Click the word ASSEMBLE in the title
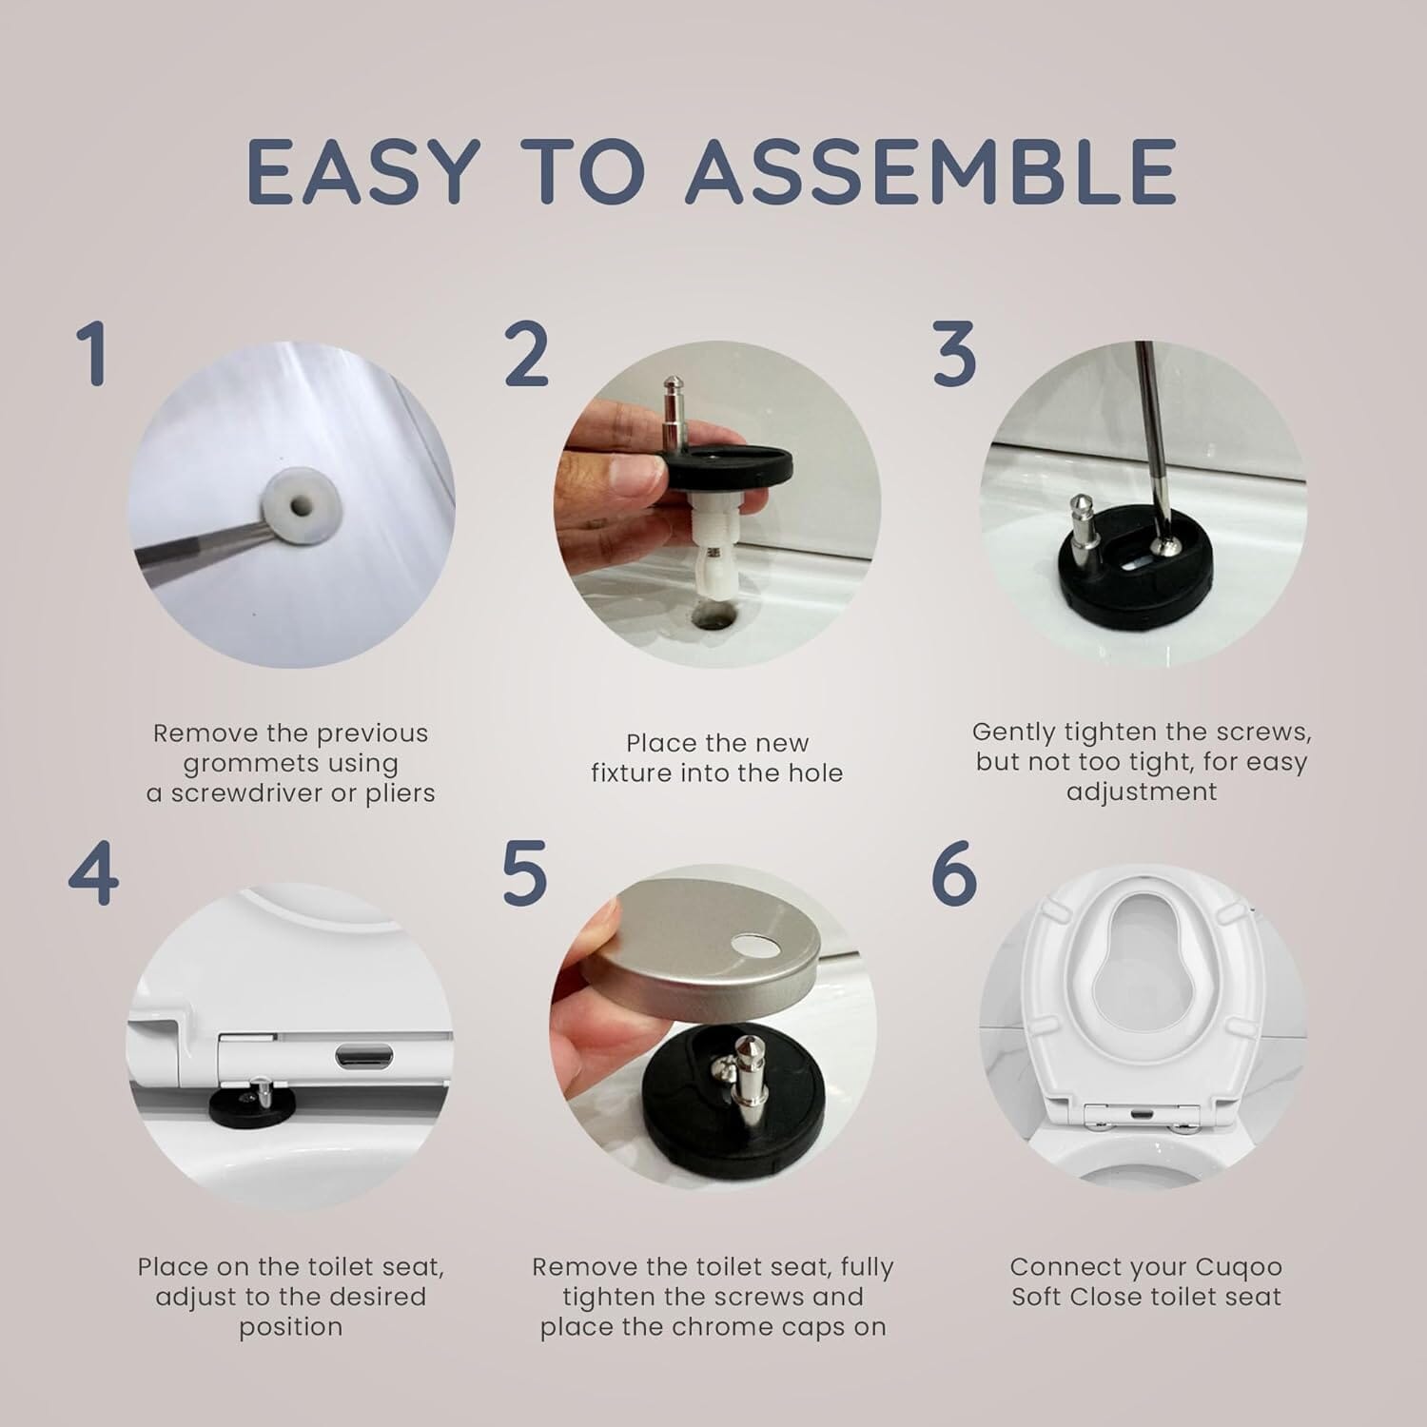(x=930, y=172)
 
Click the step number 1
(x=92, y=354)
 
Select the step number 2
(x=526, y=354)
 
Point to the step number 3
(x=954, y=354)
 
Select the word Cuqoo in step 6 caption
(x=1241, y=1267)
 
